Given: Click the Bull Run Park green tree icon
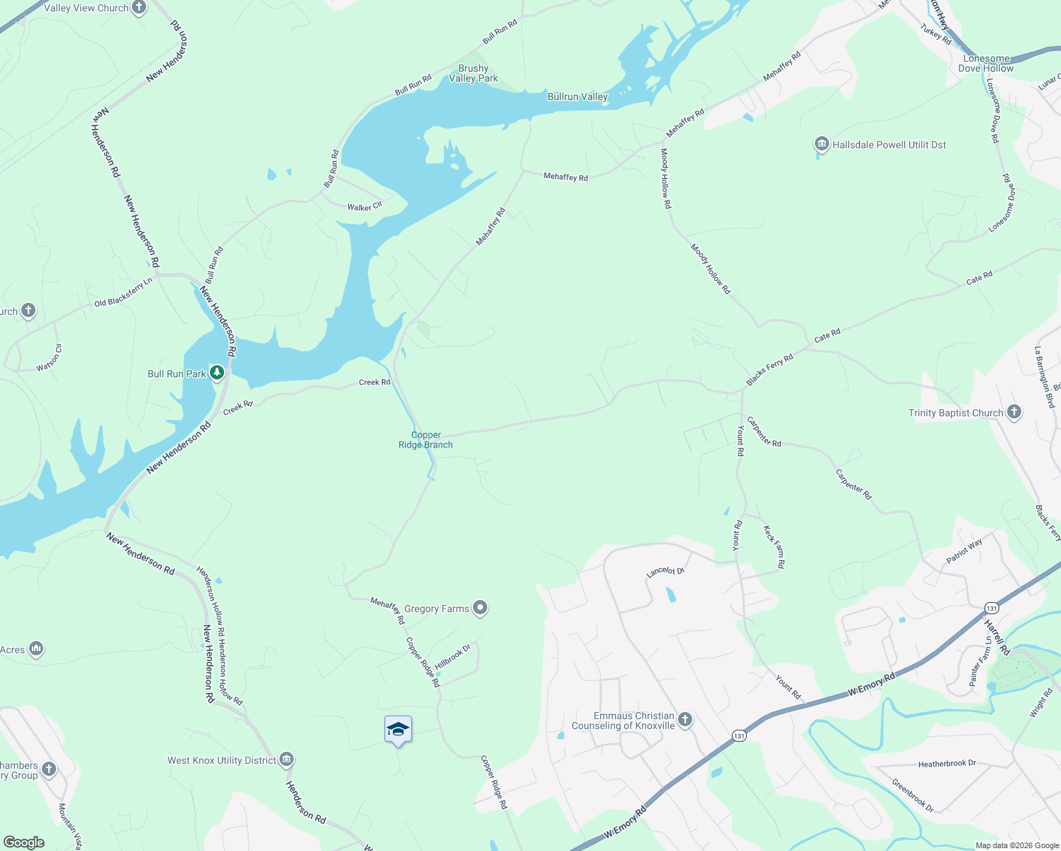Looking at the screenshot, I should click(217, 372).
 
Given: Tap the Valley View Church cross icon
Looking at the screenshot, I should click(139, 8).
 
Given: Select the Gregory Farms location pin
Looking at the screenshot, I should click(481, 608).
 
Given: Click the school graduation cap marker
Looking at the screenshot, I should click(398, 730).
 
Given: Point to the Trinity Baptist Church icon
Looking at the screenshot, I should click(1014, 412).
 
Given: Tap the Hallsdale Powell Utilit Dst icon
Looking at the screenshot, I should click(822, 145).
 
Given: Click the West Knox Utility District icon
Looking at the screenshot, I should click(287, 760).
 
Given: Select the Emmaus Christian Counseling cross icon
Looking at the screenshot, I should click(684, 720).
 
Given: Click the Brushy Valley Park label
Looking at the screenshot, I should click(473, 74).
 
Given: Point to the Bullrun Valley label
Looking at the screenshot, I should click(577, 96).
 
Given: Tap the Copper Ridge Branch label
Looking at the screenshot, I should click(426, 440).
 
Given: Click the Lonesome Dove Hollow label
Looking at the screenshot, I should click(986, 63).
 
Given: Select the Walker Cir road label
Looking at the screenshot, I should click(365, 206).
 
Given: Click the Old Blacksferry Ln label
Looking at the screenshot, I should click(123, 292).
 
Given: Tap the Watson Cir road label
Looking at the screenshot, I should click(50, 357).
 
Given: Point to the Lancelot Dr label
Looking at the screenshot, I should click(665, 571).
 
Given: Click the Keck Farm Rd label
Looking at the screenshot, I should click(774, 546).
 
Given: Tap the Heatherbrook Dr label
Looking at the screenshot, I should click(947, 764).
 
